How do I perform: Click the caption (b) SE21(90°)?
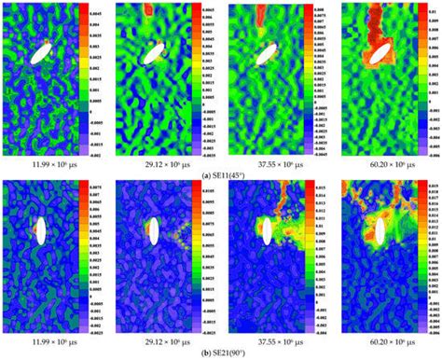coord(221,351)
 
